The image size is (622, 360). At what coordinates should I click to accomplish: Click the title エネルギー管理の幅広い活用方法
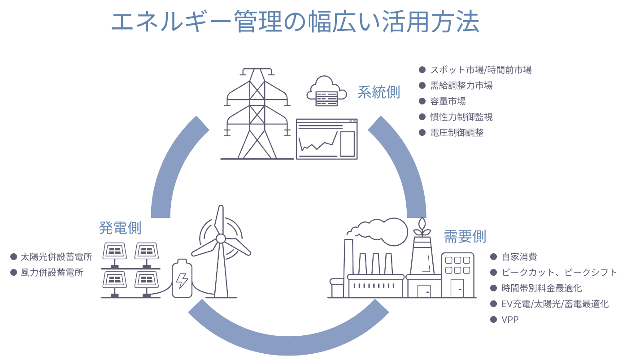295,22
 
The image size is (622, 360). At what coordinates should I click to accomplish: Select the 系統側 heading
379,92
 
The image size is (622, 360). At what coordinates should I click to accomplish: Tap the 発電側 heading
120,228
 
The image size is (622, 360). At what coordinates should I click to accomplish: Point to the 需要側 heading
465,236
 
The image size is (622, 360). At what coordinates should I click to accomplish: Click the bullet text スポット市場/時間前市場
481,69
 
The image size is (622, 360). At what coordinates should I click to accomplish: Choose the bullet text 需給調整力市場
461,86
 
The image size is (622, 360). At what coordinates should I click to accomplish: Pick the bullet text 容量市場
448,101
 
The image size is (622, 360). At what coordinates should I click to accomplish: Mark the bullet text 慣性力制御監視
461,117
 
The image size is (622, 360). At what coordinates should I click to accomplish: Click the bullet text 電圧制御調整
457,133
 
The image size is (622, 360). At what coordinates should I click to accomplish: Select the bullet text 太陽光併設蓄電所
57,257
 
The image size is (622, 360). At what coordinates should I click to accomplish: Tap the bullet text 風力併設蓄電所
52,273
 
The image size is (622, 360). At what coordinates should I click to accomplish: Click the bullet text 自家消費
519,257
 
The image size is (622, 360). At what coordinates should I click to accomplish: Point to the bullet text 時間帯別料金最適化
542,288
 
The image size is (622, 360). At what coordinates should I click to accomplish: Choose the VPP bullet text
510,320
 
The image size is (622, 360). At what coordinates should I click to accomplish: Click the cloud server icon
326,91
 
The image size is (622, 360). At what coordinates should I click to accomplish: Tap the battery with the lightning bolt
182,278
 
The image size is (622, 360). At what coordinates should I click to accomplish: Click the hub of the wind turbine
221,239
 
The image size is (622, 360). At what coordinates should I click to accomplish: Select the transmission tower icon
257,114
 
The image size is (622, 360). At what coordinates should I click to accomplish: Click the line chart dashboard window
326,139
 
